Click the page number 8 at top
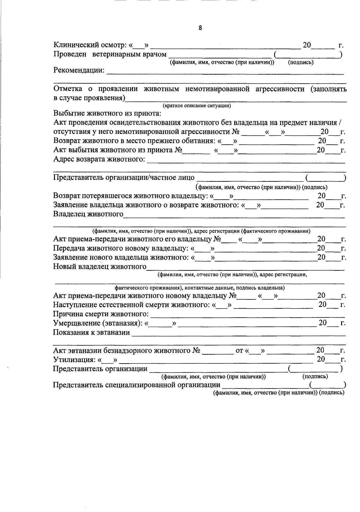tap(200, 28)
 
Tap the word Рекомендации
tap(79, 71)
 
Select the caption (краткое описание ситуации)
tap(196, 106)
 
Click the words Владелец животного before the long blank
tap(88, 214)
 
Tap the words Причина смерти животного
tap(101, 314)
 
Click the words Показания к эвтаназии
tap(91, 332)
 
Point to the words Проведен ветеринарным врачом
tap(110, 54)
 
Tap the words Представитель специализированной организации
tap(136, 385)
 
